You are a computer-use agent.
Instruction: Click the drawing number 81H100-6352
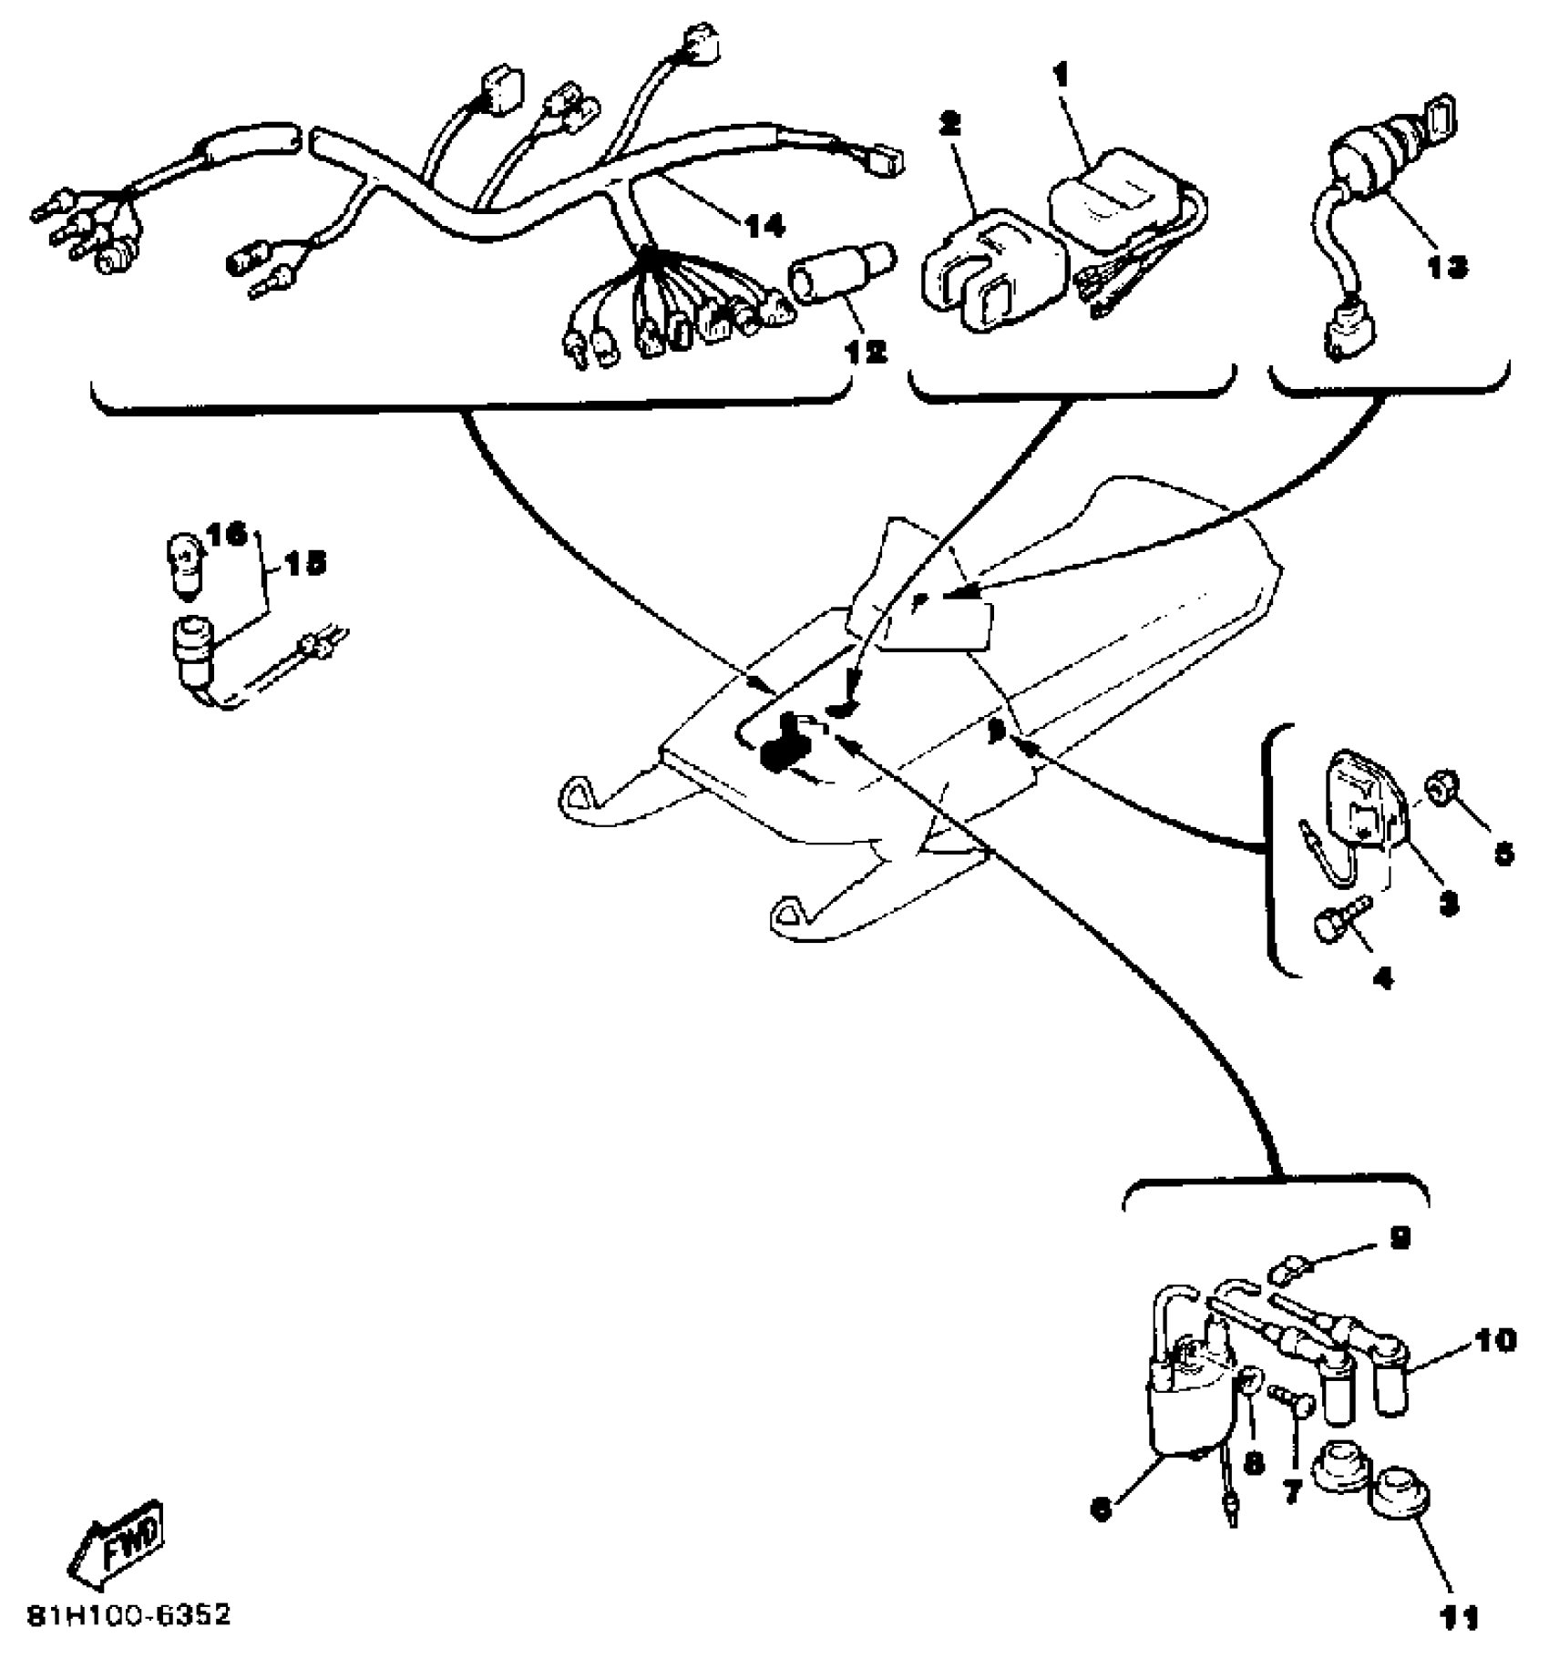(129, 1615)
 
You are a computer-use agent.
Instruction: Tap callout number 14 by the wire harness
(764, 225)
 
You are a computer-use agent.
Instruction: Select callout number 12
(866, 351)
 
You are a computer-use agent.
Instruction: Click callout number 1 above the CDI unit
(1062, 76)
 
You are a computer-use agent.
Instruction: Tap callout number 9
(1400, 1237)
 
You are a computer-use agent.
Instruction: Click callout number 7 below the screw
(1291, 1492)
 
